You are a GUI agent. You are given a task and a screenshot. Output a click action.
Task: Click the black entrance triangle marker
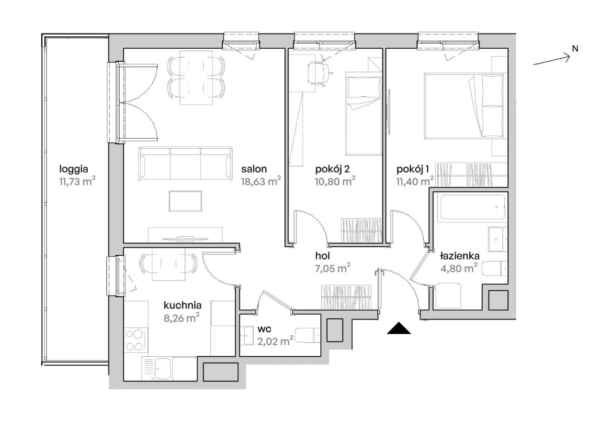tap(399, 328)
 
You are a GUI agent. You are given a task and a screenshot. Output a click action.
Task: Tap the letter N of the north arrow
tap(575, 49)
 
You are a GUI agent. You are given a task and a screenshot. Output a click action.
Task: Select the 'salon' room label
tap(254, 169)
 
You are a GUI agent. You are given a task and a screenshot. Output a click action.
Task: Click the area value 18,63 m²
tap(261, 181)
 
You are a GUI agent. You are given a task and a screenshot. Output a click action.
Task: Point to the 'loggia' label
tap(74, 170)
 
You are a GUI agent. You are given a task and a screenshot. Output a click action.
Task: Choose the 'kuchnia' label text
tap(182, 305)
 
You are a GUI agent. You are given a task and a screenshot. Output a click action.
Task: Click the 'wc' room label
tap(264, 329)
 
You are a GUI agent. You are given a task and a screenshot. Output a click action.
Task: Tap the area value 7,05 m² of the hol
tap(333, 268)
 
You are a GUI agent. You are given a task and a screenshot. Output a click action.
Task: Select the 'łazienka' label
tap(460, 256)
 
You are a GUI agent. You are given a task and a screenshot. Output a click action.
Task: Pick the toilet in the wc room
tap(307, 335)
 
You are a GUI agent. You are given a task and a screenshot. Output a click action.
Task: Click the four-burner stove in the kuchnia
tap(136, 340)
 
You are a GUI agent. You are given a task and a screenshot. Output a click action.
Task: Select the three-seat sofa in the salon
tap(185, 164)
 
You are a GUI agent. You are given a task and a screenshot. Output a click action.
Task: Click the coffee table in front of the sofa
tap(185, 201)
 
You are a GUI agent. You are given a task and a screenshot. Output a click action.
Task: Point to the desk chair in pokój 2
tap(319, 74)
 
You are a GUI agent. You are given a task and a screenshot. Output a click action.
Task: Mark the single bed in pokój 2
tap(363, 114)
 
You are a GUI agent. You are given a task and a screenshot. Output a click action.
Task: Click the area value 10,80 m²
tap(335, 181)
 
